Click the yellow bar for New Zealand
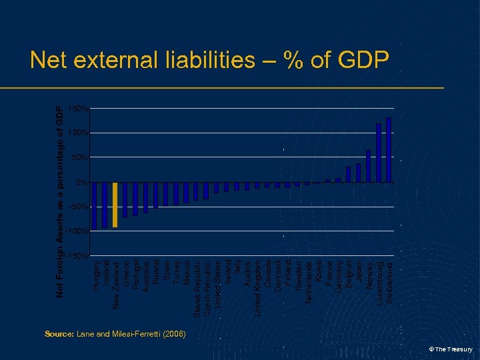(x=115, y=205)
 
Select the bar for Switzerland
(x=389, y=150)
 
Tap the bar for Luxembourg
(x=379, y=153)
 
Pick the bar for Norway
(x=369, y=166)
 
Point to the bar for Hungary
(x=95, y=206)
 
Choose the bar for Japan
(x=358, y=173)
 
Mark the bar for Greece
(x=125, y=200)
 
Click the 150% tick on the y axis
(x=78, y=108)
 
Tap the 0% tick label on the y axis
(x=81, y=182)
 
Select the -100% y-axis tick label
(x=77, y=231)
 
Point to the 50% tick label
(x=79, y=157)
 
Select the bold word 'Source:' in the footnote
(x=59, y=333)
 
